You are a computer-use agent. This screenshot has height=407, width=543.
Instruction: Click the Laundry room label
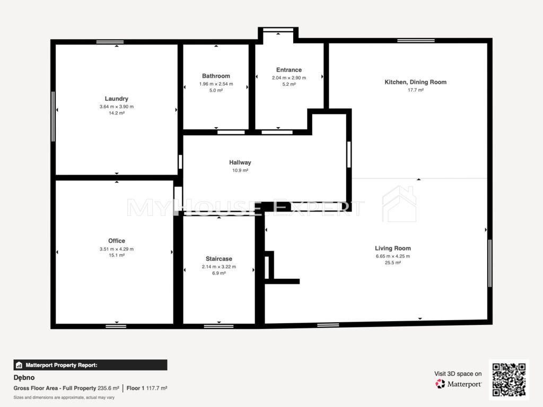[x=116, y=99]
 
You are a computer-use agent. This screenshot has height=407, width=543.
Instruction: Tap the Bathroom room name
[x=216, y=76]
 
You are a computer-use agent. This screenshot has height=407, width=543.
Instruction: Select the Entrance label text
[x=289, y=70]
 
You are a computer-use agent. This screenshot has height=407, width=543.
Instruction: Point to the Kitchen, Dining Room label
[x=416, y=82]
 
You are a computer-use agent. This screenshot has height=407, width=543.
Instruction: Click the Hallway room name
[x=240, y=162]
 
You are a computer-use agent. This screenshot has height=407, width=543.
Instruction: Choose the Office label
[x=117, y=241]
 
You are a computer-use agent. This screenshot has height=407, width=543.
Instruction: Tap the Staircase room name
[x=219, y=259]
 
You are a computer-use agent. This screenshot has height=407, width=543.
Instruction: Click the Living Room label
[x=393, y=248]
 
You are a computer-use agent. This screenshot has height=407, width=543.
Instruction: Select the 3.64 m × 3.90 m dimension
[x=117, y=107]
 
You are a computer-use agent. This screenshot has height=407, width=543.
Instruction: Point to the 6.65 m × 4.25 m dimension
[x=393, y=256]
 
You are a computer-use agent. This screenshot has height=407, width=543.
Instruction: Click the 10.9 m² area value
[x=240, y=170]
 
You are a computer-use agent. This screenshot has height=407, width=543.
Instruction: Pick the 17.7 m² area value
[x=416, y=90]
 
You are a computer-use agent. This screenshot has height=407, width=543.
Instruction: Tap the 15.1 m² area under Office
[x=117, y=255]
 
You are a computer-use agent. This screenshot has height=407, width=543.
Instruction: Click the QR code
[x=509, y=379]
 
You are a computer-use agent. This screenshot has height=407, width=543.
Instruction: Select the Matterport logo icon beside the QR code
[x=440, y=384]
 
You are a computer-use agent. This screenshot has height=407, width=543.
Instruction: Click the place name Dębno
[x=24, y=377]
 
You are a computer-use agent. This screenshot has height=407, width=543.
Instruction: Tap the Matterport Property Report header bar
[x=90, y=365]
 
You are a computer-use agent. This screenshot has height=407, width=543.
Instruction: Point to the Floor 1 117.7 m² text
[x=147, y=388]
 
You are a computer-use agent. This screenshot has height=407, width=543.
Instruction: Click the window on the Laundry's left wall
[x=53, y=116]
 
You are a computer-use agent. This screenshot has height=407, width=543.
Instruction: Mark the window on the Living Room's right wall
[x=489, y=263]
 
